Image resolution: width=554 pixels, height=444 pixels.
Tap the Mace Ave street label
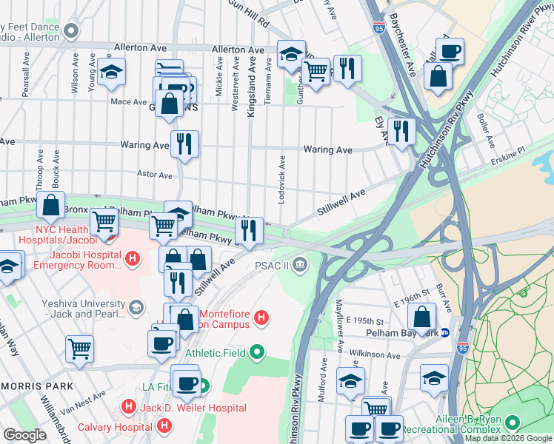(x=129, y=102)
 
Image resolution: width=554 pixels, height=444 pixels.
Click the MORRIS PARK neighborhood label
(x=36, y=386)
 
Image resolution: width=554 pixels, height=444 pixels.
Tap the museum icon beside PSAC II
(x=300, y=265)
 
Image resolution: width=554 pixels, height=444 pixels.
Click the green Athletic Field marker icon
(x=256, y=351)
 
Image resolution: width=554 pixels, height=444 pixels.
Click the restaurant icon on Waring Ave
(x=184, y=143)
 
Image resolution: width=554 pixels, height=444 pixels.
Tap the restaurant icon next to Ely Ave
(x=401, y=131)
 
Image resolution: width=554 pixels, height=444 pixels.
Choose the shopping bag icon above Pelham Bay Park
(x=421, y=315)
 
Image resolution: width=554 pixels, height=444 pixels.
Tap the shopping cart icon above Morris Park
(x=80, y=348)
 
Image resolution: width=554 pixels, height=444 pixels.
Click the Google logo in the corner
(x=24, y=435)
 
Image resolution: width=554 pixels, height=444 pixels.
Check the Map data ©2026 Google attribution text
(x=508, y=438)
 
